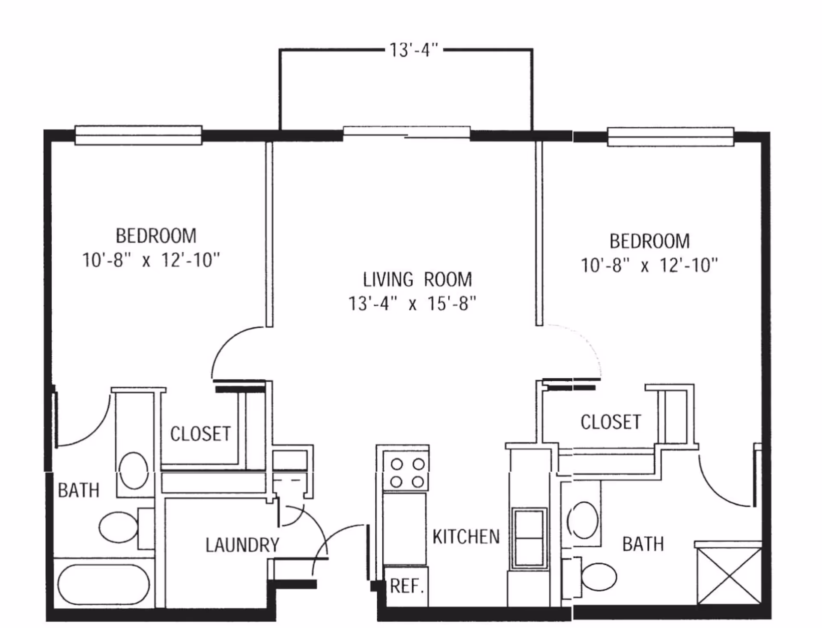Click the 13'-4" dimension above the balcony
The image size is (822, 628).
[x=414, y=50]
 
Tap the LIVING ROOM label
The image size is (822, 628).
[x=417, y=280]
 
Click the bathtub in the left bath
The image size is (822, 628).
[x=104, y=584]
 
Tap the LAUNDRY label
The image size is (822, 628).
[x=242, y=545]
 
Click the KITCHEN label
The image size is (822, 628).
[x=466, y=537]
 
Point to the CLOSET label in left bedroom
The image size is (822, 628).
[x=200, y=434]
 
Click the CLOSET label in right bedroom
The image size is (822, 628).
[x=611, y=422]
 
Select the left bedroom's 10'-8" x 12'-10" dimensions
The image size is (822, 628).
[x=151, y=260]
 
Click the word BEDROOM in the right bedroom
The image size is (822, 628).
[x=649, y=241]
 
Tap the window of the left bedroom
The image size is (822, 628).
[x=138, y=135]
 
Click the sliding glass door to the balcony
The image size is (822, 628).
[x=406, y=132]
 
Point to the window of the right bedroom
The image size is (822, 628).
[x=670, y=137]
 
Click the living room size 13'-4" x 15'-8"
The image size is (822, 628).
[x=412, y=304]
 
